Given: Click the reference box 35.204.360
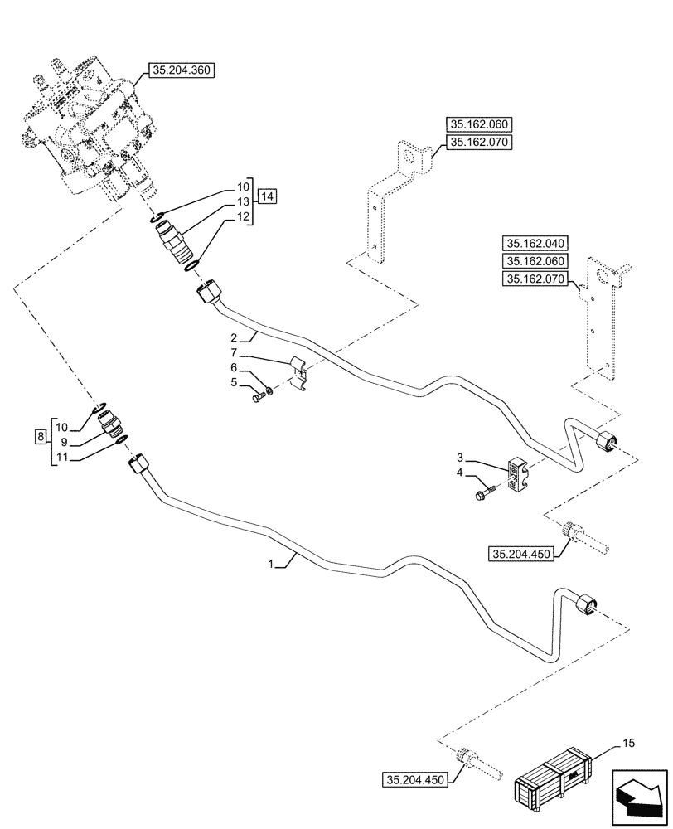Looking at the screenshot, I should tap(182, 71).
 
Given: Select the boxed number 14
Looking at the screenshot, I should tap(267, 196).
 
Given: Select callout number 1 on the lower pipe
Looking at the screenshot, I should tap(270, 564).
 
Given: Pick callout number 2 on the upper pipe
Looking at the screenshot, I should tap(235, 337).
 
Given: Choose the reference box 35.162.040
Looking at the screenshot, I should tap(532, 244).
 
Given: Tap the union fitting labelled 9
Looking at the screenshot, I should tap(109, 424).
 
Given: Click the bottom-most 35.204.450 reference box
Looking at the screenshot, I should tap(415, 780).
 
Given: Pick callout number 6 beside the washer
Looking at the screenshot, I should tap(234, 367).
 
